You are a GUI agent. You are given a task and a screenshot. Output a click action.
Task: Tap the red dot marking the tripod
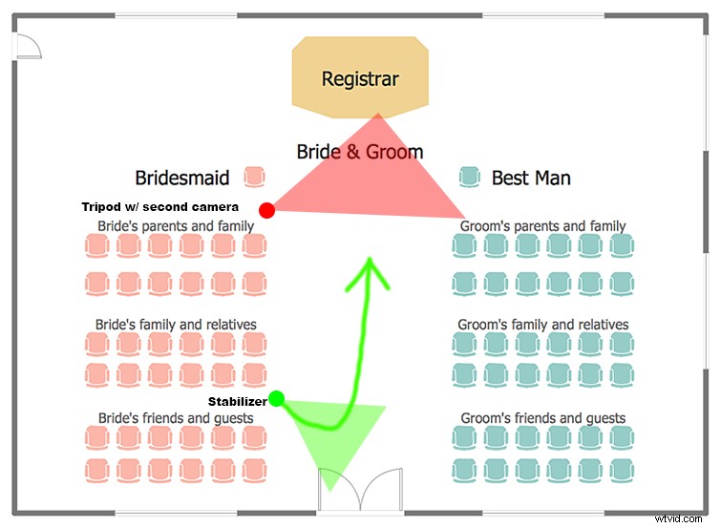click(x=267, y=210)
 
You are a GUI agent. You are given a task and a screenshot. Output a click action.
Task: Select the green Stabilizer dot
click(x=277, y=398)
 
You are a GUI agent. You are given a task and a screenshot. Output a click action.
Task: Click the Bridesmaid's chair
click(x=254, y=177)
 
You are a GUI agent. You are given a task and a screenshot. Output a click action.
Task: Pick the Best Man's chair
click(x=468, y=177)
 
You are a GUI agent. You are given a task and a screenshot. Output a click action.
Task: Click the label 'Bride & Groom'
click(x=359, y=151)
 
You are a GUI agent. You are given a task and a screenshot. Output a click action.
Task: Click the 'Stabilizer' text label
click(x=237, y=401)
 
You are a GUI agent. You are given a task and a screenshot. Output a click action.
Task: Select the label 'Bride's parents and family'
click(x=176, y=226)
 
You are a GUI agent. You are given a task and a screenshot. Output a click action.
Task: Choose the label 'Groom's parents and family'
click(x=542, y=226)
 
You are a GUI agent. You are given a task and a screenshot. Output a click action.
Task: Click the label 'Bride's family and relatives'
click(x=176, y=325)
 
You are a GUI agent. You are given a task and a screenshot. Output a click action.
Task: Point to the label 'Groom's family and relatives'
click(x=542, y=325)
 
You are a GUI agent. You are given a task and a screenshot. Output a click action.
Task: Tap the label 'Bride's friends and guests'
click(x=176, y=418)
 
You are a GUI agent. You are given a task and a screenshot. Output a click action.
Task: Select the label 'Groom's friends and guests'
click(x=542, y=418)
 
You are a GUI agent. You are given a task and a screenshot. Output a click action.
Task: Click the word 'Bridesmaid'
click(x=181, y=178)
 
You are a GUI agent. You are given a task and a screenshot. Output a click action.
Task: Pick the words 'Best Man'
click(x=531, y=178)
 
